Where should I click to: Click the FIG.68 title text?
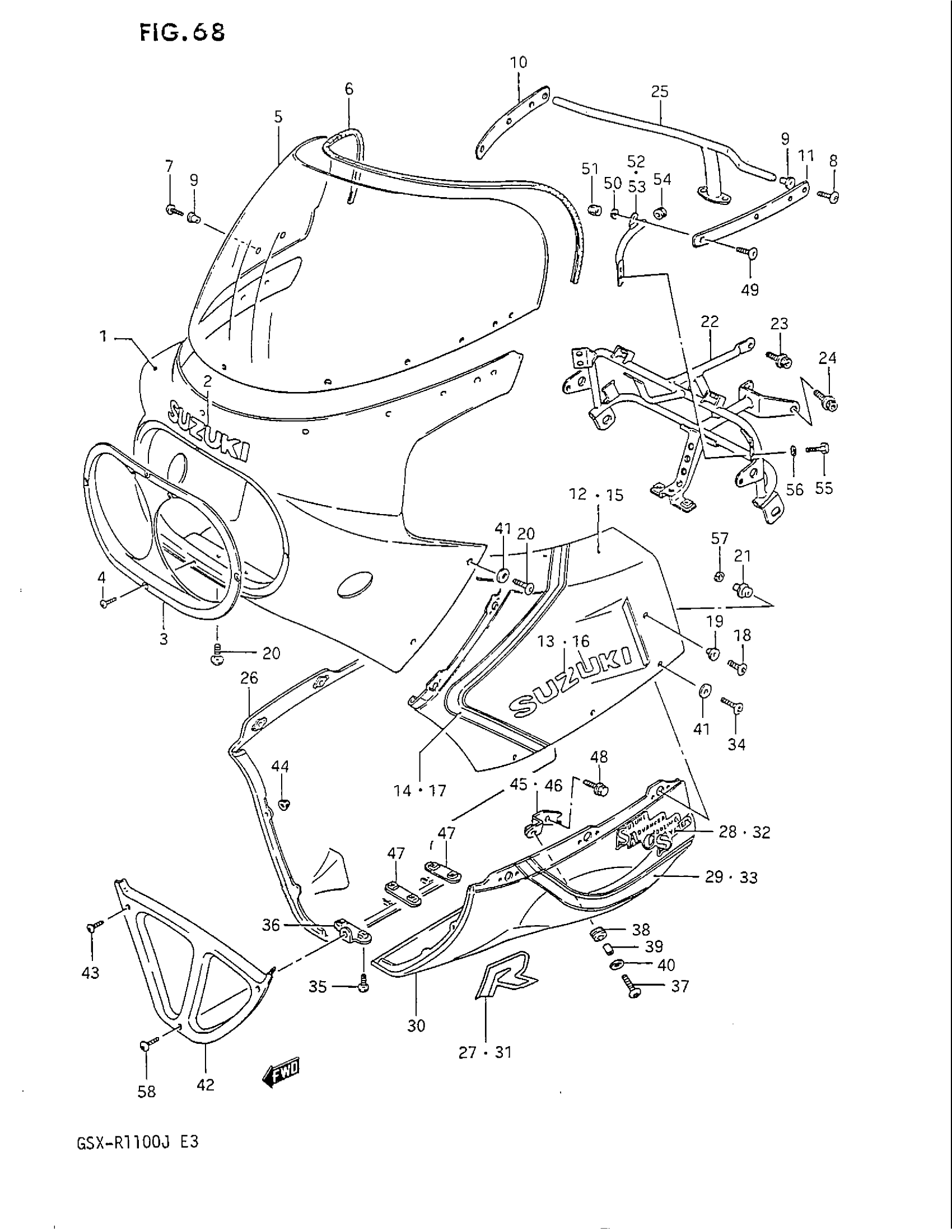click(x=182, y=32)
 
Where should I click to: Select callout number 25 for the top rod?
click(x=659, y=91)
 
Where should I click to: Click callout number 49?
click(x=749, y=290)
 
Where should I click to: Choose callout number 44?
click(x=281, y=766)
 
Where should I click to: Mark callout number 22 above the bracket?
click(x=710, y=321)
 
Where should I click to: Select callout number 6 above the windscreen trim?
click(x=348, y=88)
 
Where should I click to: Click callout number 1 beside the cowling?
click(x=103, y=337)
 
